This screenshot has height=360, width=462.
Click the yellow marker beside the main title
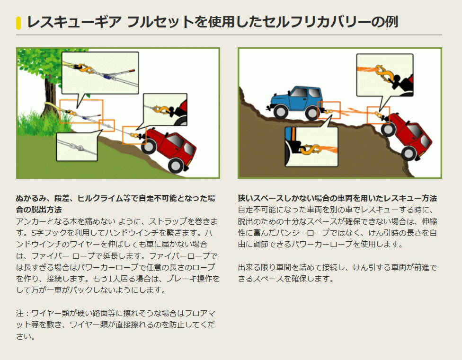coord(18,23)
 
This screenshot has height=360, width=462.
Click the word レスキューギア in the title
coord(74,22)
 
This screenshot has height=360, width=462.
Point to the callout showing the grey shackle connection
coord(77,147)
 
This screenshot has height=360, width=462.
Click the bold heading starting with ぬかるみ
coord(115,204)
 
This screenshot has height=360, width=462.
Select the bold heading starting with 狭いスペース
coord(338,198)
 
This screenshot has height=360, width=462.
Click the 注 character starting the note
coord(20,313)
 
